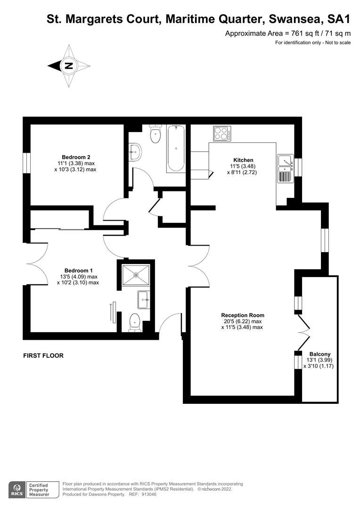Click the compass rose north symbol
click(x=69, y=66)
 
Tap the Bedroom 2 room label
click(x=76, y=157)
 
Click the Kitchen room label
click(x=243, y=160)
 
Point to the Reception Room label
click(x=243, y=315)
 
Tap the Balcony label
click(x=320, y=354)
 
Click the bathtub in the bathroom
click(x=176, y=148)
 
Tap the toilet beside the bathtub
click(x=155, y=134)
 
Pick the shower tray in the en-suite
click(x=136, y=275)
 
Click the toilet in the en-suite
click(x=135, y=323)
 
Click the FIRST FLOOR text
click(x=43, y=356)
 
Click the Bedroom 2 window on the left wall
click(x=27, y=163)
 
